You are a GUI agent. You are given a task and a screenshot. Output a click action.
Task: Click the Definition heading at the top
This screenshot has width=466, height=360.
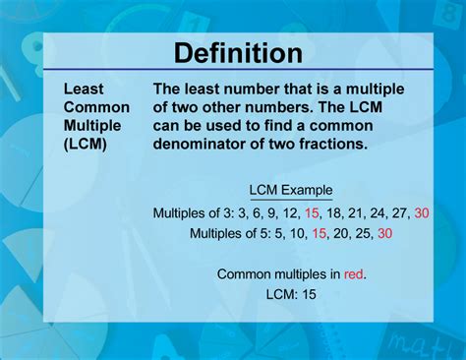tap(232, 52)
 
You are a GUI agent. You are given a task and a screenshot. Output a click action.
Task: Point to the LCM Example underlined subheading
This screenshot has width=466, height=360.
tap(290, 190)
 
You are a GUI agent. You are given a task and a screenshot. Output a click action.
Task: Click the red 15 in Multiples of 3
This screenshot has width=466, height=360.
tap(313, 212)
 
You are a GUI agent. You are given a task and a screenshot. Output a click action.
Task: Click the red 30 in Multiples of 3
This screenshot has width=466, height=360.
tap(422, 212)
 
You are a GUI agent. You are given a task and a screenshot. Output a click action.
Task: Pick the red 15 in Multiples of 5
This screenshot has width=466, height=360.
tap(319, 233)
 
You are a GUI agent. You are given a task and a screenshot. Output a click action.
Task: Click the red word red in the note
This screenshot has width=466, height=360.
tap(353, 273)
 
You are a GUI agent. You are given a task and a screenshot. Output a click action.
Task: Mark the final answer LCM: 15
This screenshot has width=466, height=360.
tap(290, 293)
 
